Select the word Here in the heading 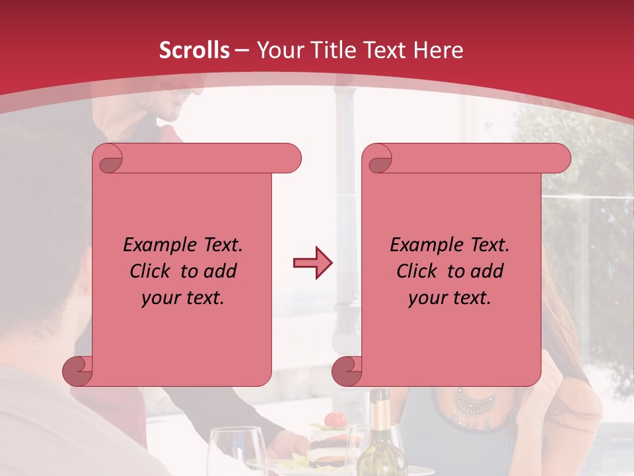(439, 50)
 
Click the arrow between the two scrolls (312, 263)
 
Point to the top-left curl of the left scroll (110, 159)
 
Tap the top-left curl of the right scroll (379, 159)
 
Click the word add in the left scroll (221, 271)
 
